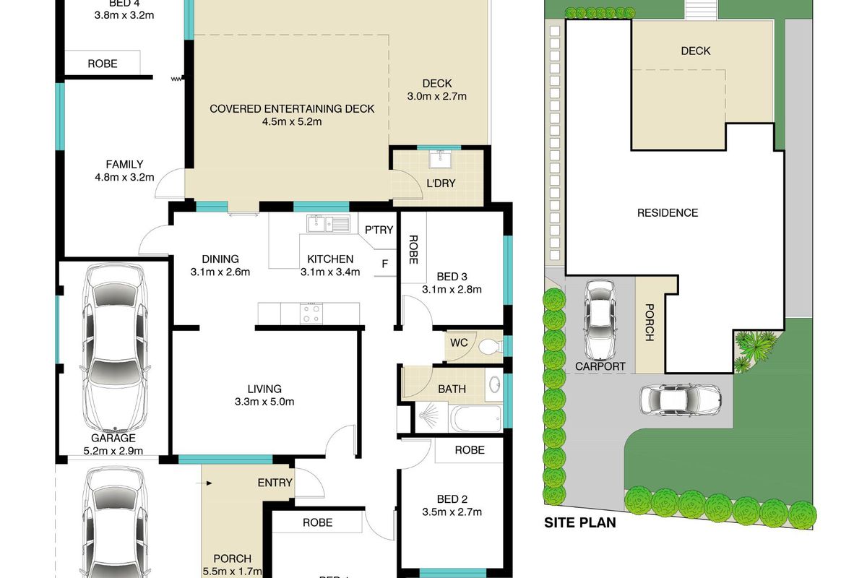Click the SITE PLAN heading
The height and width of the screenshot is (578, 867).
[579, 522]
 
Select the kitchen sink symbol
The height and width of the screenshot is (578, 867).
[327, 223]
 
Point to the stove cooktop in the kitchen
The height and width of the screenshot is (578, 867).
[311, 312]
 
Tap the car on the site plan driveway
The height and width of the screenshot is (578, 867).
[680, 400]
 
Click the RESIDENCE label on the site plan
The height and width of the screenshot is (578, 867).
[667, 212]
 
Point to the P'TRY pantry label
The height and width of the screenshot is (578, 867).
[379, 230]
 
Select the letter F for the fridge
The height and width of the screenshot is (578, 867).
[385, 264]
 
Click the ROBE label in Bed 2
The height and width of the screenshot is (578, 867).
[469, 449]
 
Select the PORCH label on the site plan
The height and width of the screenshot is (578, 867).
[648, 322]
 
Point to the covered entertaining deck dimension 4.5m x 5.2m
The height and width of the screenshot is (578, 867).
[292, 121]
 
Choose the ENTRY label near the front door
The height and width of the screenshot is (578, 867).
[275, 483]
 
